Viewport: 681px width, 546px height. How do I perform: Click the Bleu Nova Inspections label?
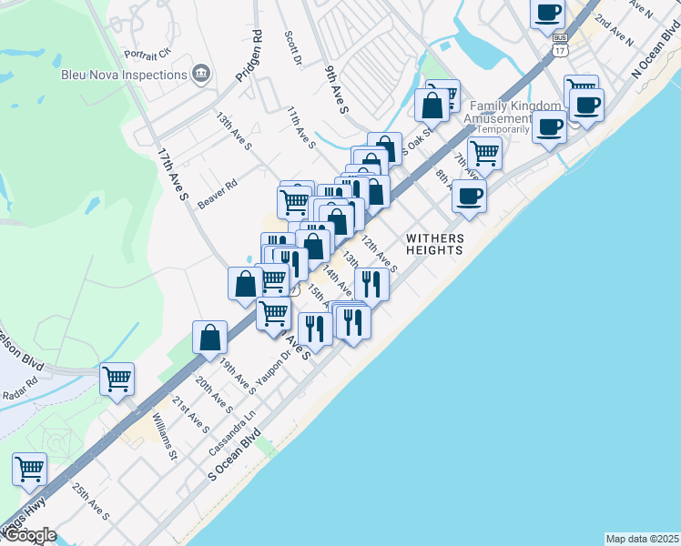123,73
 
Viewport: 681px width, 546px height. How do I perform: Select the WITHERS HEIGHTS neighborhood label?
435,245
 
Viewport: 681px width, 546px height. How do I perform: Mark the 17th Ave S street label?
173,174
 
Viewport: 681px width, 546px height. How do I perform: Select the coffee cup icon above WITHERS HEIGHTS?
469,195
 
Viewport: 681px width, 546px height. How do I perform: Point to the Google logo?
30,535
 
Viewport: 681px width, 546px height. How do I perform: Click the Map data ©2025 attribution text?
641,539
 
